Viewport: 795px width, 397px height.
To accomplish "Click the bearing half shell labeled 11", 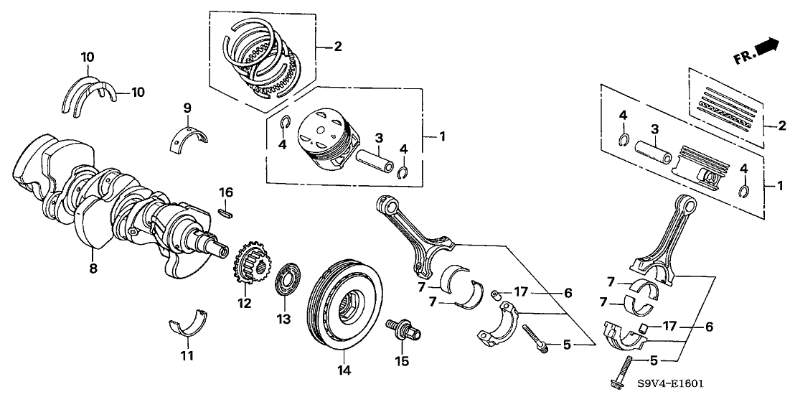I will [x=187, y=322].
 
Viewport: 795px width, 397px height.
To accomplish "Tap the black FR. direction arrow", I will [x=766, y=45].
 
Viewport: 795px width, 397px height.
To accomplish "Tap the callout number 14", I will [x=344, y=370].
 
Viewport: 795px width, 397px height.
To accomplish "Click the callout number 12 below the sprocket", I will [x=245, y=304].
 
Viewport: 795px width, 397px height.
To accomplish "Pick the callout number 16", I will [x=226, y=192].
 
